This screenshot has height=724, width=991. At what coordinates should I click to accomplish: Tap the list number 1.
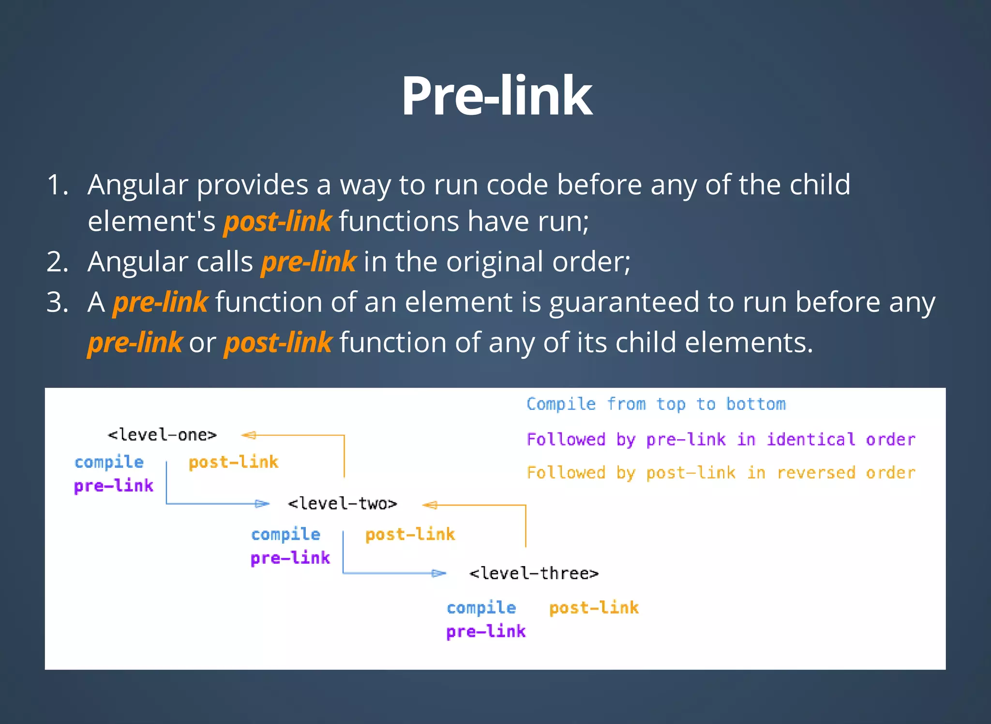pyautogui.click(x=57, y=185)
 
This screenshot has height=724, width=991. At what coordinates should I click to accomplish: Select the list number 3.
pyautogui.click(x=57, y=303)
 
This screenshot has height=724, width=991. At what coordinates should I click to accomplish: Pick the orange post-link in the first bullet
pyautogui.click(x=277, y=222)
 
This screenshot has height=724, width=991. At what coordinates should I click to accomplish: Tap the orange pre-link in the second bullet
pyautogui.click(x=308, y=262)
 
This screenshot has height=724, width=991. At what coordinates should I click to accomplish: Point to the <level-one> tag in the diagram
pyautogui.click(x=162, y=435)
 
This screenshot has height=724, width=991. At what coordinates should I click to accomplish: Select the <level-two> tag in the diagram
pyautogui.click(x=342, y=504)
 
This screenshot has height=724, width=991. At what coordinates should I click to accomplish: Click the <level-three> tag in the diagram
pyautogui.click(x=534, y=574)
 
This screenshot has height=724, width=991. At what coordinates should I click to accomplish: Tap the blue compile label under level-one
pyautogui.click(x=109, y=462)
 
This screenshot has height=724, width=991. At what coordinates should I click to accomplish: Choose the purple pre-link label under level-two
pyautogui.click(x=290, y=558)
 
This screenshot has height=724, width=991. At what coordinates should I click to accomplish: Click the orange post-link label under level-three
pyautogui.click(x=594, y=608)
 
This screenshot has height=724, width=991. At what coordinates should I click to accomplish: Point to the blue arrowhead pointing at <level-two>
pyautogui.click(x=262, y=504)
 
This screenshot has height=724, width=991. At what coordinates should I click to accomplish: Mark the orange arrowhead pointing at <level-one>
pyautogui.click(x=249, y=435)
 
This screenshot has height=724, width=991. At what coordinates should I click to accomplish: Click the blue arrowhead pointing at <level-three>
pyautogui.click(x=438, y=574)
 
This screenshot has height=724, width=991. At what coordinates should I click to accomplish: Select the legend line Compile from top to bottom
pyautogui.click(x=656, y=404)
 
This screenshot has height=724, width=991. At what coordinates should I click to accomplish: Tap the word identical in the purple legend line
pyautogui.click(x=811, y=440)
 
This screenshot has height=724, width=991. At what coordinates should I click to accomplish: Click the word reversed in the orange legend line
pyautogui.click(x=816, y=473)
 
